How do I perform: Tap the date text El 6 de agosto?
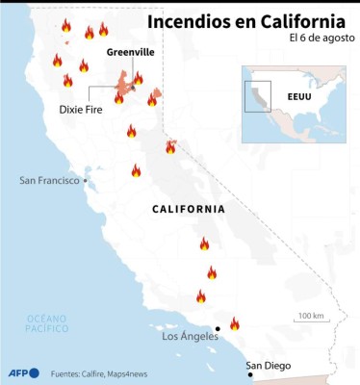pyautogui.click(x=319, y=38)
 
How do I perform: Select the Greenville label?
pyautogui.click(x=129, y=51)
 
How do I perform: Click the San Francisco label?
pyautogui.click(x=48, y=180)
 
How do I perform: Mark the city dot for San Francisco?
pyautogui.click(x=85, y=180)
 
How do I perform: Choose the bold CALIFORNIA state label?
pyautogui.click(x=189, y=209)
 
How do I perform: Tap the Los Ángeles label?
pyautogui.click(x=189, y=337)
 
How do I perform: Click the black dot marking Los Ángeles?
pyautogui.click(x=218, y=330)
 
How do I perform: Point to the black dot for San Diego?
pyautogui.click(x=250, y=375)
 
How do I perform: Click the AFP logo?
pyautogui.click(x=22, y=372)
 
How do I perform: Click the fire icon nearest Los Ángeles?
pyautogui.click(x=234, y=323)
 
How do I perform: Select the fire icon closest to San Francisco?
pyautogui.click(x=136, y=170)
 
